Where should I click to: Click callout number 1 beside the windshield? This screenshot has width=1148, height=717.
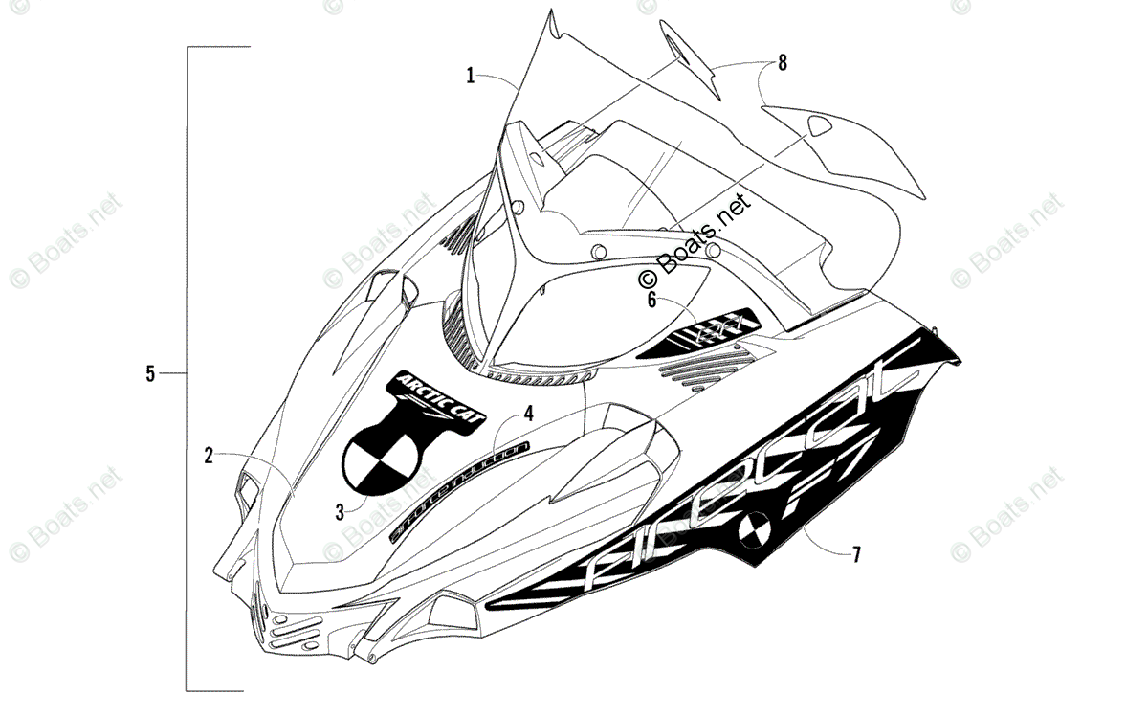pos(471,75)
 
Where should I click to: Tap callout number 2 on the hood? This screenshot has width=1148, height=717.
pos(209,456)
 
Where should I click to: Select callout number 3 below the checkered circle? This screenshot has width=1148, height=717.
pos(340,511)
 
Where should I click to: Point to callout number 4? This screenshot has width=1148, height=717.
pos(527,414)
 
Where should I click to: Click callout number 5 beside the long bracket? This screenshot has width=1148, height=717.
pos(150,372)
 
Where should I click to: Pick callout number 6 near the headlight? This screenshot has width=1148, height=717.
pos(652,300)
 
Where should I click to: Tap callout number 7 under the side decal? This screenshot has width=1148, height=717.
pos(856,553)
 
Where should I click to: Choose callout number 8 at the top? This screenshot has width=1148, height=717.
pos(783,63)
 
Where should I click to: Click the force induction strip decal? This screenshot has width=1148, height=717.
pos(459,490)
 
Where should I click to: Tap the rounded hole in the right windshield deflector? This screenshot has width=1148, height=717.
pos(819,124)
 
